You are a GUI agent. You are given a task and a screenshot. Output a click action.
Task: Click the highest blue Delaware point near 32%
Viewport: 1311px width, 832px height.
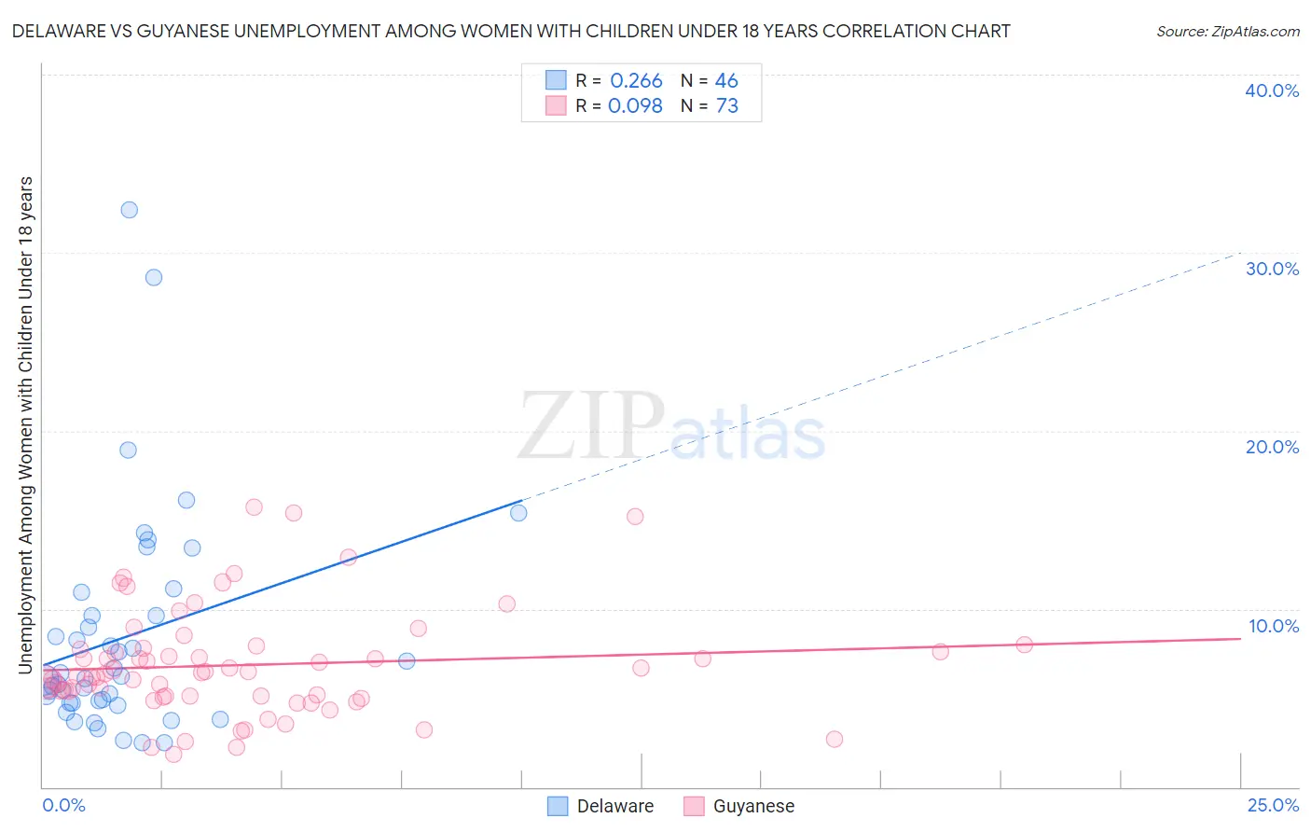coord(130,210)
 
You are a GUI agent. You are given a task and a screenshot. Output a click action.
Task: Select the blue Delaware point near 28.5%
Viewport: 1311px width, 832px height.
coord(154,277)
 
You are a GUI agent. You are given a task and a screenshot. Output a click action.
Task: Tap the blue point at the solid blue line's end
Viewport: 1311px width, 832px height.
coord(518,512)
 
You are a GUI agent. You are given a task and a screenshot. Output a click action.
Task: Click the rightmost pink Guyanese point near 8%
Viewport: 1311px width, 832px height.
coord(1024,645)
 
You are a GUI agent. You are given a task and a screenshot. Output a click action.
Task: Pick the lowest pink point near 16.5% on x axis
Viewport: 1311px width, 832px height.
coord(835,739)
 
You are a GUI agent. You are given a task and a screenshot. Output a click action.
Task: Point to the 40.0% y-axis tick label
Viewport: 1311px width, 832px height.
coord(1272,90)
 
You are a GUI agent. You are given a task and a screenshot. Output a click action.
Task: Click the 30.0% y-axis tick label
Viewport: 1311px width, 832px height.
coord(1272,269)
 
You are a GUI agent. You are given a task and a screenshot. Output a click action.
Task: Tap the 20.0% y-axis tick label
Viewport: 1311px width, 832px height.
coord(1272,447)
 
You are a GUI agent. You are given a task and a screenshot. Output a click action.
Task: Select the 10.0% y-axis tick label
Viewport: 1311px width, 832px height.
coord(1274,626)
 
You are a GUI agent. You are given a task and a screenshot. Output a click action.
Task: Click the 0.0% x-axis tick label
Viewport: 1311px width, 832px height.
coord(63,805)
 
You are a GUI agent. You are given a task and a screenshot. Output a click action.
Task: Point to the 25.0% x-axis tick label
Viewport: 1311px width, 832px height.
coord(1273,805)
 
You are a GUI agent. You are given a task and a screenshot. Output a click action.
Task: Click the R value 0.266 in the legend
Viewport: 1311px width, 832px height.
coord(636,81)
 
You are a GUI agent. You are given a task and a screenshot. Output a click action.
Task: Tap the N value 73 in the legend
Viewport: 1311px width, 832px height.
coord(726,106)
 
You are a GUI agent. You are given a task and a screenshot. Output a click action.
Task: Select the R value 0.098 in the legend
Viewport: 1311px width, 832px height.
coord(635,106)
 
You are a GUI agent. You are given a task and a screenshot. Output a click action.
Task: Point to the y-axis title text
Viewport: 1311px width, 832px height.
coord(25,424)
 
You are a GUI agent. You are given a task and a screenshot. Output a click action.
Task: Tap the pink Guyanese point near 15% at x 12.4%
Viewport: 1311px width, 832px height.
coord(635,516)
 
